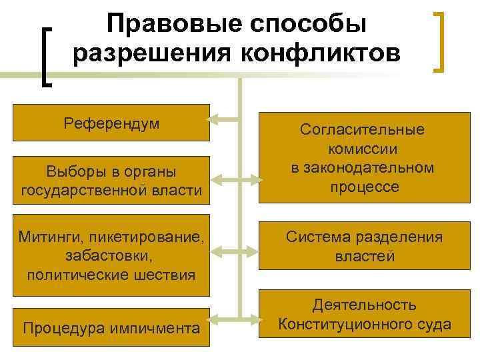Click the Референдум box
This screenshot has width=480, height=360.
pos(111,123)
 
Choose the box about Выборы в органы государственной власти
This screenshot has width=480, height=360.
pos(111,181)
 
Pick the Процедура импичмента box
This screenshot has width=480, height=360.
pos(111,327)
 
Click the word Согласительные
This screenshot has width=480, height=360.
pos(362,130)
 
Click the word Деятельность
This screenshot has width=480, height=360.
pos(365,305)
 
